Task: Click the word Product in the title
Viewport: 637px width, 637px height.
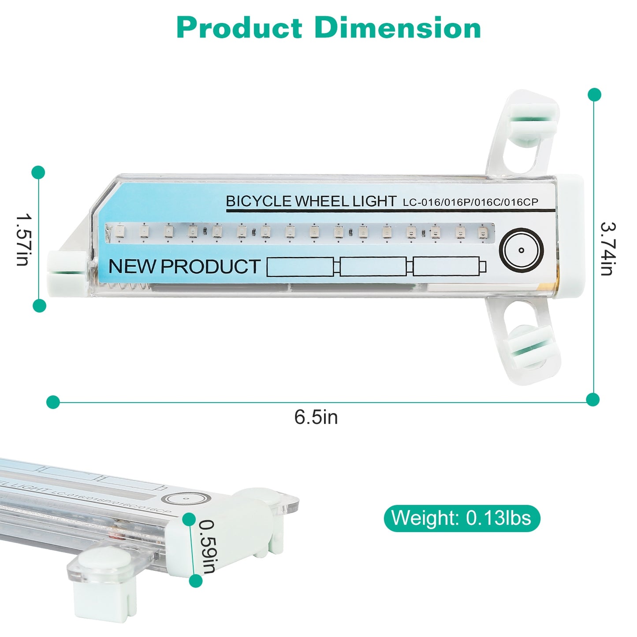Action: (x=239, y=28)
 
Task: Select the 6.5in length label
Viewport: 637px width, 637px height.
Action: (x=316, y=417)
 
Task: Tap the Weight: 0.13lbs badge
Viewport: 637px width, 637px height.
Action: (x=462, y=518)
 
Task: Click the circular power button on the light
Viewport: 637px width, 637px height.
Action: (x=522, y=250)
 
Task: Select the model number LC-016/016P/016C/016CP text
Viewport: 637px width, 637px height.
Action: (x=470, y=202)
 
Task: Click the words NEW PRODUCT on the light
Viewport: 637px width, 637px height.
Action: (x=184, y=266)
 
